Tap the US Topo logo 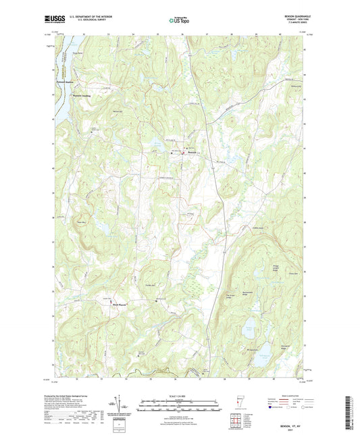pyautogui.click(x=178, y=21)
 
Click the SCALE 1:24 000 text pyautogui.click(x=179, y=395)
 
